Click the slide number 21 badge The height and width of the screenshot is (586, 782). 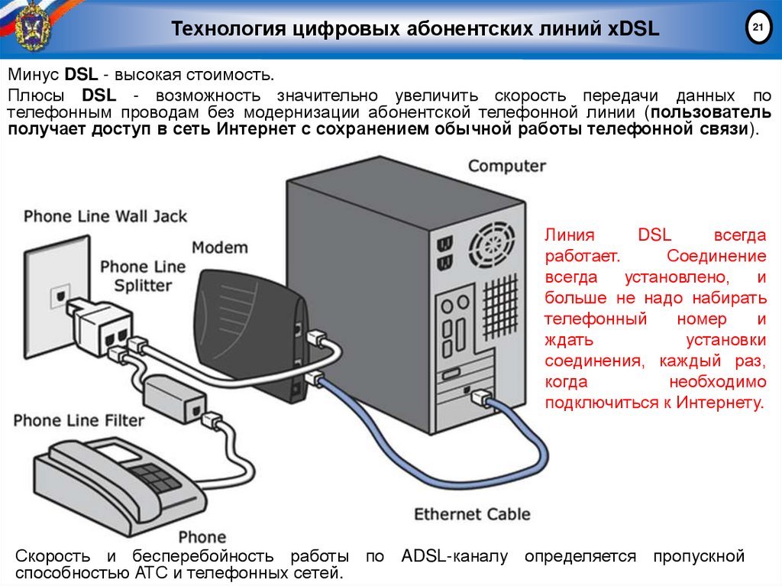click(758, 29)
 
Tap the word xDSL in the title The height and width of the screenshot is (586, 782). click(635, 30)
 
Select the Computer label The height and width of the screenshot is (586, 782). click(506, 166)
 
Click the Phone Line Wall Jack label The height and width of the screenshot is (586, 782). click(105, 216)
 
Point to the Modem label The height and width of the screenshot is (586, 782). click(220, 248)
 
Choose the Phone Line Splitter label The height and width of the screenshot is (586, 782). click(143, 276)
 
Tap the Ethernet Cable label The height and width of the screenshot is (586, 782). click(472, 513)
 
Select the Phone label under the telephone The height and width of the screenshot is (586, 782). click(202, 536)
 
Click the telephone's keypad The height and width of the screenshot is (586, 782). click(157, 478)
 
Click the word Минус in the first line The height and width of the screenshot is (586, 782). click(34, 75)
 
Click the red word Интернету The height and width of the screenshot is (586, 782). click(718, 402)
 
